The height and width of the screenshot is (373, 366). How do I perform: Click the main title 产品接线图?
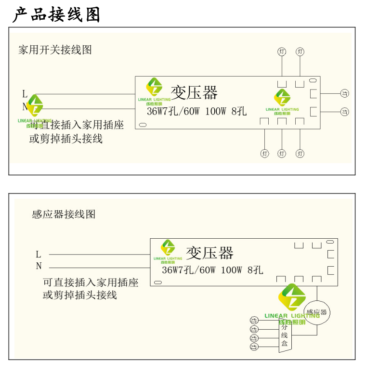coord(56,14)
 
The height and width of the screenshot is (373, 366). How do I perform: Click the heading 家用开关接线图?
coord(55,50)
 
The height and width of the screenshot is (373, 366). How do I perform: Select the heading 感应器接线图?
coord(64,214)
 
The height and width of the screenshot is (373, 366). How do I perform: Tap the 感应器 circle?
coord(316,312)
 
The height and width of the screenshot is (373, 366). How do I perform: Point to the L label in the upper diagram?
coord(25,94)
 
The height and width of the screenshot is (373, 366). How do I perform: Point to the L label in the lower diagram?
coord(39,254)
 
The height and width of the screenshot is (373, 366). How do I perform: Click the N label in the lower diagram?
coord(39,266)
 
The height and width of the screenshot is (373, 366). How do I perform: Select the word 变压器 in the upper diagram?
coord(194,92)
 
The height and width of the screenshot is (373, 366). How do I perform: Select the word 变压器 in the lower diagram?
coord(209,253)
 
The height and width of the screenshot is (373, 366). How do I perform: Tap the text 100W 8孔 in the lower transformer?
coord(242,270)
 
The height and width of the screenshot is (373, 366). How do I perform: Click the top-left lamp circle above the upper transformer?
coord(282,51)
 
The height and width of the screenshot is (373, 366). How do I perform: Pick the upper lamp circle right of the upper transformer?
coord(344,93)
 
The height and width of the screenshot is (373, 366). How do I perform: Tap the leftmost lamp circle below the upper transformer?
coord(264,154)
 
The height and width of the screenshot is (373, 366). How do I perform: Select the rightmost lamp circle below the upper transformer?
coord(300,154)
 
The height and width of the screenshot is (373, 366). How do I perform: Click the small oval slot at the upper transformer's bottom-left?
coord(143,125)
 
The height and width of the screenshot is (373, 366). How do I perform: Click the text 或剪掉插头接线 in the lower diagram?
coord(80,295)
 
